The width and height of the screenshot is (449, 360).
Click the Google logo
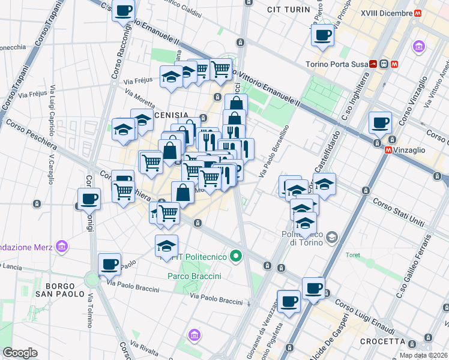click(20, 353)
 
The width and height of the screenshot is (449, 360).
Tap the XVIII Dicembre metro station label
click(387, 13)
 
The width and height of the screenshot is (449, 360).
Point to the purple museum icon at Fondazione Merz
click(61, 246)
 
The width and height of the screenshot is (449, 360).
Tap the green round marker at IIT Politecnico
click(236, 257)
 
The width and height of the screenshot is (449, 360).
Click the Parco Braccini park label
click(194, 276)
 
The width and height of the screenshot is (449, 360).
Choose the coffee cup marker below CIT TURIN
click(322, 34)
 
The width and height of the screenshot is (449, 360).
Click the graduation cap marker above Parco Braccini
click(167, 245)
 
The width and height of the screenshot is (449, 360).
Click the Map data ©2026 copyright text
click(423, 355)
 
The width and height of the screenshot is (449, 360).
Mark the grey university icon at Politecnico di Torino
click(331, 238)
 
